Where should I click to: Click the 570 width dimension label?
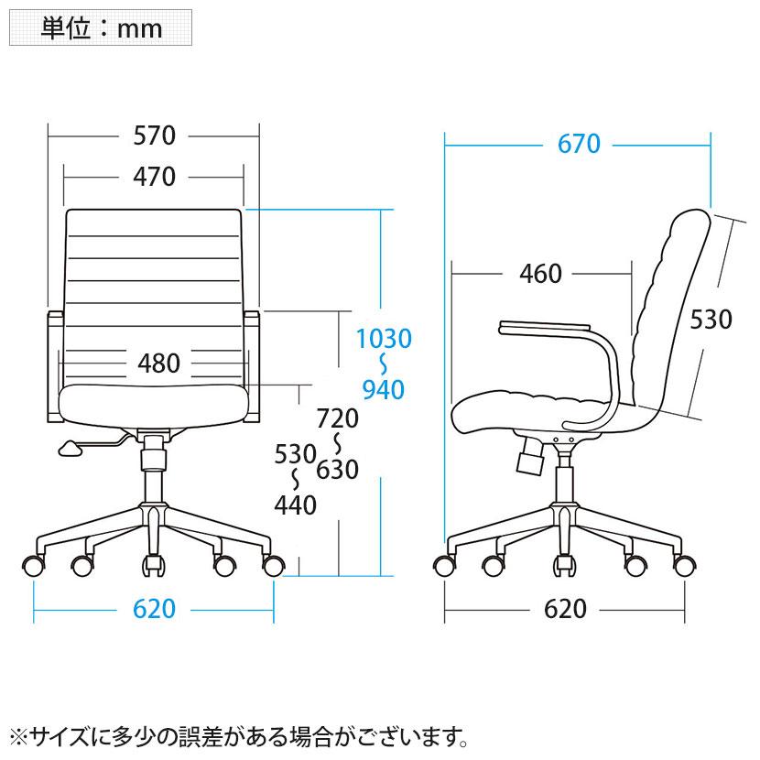[x=154, y=136]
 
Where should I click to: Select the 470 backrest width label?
[x=154, y=177]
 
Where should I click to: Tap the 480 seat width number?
[x=158, y=363]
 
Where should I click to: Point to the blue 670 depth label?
[x=579, y=144]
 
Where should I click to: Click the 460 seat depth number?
[x=540, y=274]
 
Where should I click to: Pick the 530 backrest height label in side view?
[x=711, y=320]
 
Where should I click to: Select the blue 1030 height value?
[x=384, y=339]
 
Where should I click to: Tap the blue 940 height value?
[x=384, y=390]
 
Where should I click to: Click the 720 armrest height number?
[x=337, y=418]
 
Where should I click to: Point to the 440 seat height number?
[x=295, y=505]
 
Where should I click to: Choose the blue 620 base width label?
[x=154, y=609]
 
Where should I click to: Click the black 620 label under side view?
[x=565, y=609]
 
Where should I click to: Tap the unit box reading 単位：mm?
[x=101, y=28]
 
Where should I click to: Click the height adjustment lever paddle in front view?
[x=71, y=449]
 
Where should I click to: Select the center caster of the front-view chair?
[x=154, y=565]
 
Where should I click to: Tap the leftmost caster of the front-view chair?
[x=34, y=566]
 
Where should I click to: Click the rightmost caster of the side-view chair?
[x=684, y=566]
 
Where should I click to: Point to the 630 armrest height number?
[x=337, y=470]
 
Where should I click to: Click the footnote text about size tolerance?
[x=238, y=737]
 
